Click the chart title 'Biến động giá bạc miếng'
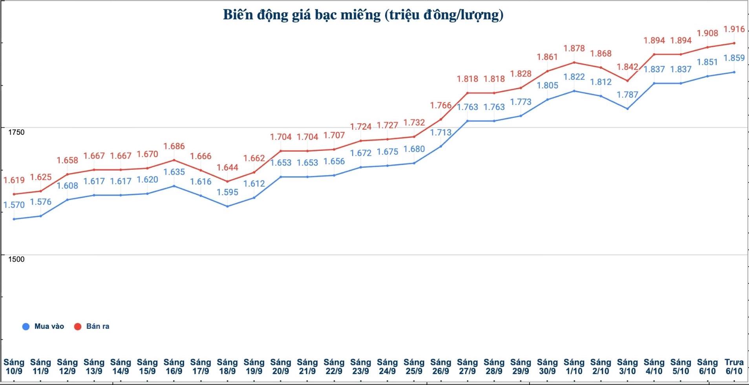363,15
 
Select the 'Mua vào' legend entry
43,326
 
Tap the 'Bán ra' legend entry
92,326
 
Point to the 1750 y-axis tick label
16,132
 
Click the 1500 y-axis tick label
16,259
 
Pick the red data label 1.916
734,29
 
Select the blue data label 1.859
734,58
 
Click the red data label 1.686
174,147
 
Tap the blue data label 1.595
228,192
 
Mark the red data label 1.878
574,49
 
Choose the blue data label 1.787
627,95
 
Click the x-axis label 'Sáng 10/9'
14,367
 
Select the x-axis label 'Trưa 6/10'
734,367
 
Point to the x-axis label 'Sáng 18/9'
227,367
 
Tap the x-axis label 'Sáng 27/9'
467,367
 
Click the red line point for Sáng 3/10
627,81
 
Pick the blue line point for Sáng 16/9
174,186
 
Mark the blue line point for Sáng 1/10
574,91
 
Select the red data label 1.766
440,106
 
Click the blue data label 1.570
14,205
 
